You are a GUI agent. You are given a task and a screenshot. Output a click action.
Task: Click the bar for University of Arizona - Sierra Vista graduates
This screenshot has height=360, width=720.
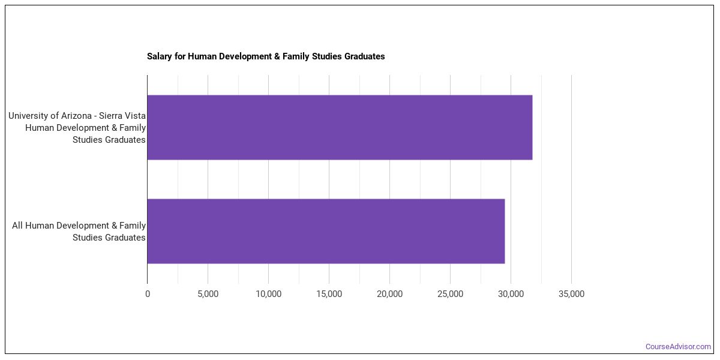tap(340, 127)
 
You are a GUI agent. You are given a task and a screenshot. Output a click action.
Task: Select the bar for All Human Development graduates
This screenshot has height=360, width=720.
tap(326, 231)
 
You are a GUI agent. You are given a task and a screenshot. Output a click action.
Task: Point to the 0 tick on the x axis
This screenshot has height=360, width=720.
tap(148, 294)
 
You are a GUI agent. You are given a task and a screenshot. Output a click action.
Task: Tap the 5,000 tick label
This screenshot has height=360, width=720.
tap(208, 294)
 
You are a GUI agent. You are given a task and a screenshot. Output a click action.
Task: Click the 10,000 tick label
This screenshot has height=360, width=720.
tap(268, 294)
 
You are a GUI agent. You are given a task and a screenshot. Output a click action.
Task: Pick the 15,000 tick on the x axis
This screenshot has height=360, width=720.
tap(329, 294)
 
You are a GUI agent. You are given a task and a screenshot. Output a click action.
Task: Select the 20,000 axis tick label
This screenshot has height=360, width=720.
tap(389, 294)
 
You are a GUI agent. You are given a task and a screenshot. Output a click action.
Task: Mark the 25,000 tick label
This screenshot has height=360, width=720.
tap(450, 294)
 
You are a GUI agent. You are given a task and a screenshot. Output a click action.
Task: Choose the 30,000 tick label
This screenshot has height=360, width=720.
tap(511, 294)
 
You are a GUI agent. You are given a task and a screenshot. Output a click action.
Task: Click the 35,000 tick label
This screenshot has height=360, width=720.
tap(571, 294)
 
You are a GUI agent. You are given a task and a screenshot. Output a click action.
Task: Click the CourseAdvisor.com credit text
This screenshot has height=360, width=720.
tap(678, 347)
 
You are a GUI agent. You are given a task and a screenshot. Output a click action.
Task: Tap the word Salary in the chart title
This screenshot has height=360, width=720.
tap(159, 56)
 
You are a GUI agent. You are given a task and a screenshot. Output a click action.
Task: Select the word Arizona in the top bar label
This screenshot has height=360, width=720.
tap(80, 116)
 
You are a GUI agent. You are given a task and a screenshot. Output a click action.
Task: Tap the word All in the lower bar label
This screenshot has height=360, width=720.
tap(18, 226)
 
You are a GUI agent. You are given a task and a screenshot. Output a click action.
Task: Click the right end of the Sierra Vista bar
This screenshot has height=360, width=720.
tap(531, 127)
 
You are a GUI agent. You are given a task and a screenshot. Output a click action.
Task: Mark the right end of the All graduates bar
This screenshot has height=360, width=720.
tap(503, 231)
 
